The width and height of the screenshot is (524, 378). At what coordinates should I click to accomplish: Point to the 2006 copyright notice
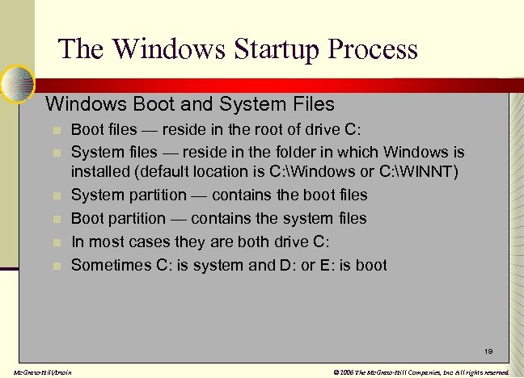(421, 372)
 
